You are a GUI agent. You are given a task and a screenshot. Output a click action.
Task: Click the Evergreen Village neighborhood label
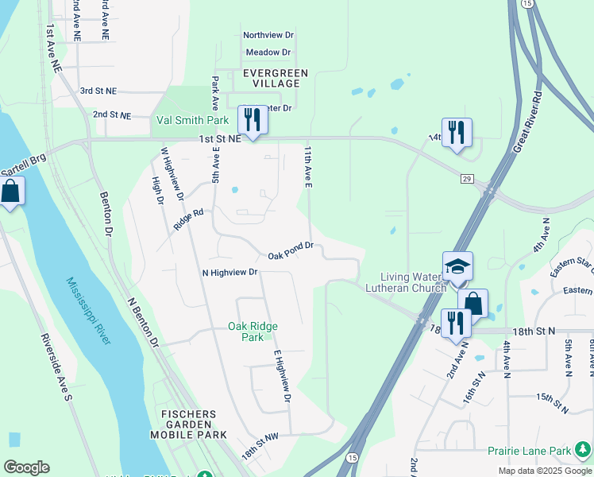tap(265, 78)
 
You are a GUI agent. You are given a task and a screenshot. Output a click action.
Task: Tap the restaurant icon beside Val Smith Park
tap(253, 120)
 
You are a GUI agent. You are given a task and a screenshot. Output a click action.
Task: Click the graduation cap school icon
tap(457, 267)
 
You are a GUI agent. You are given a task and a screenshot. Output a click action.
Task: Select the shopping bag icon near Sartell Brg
tap(10, 192)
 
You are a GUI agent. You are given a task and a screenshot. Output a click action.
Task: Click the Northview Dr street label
tap(268, 35)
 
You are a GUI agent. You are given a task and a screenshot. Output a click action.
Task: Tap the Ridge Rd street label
tap(188, 220)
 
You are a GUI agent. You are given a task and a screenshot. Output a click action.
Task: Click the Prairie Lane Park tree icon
tap(583, 451)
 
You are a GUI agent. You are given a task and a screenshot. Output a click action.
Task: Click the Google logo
tap(26, 467)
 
